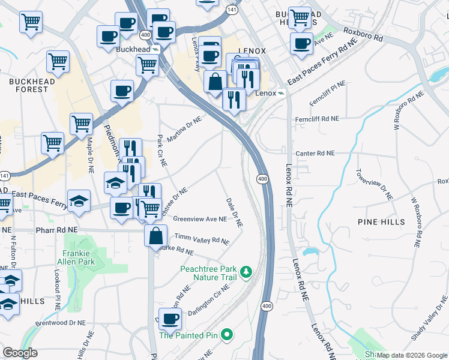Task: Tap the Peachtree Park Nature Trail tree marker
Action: (x=246, y=274)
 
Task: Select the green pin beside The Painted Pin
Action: (x=226, y=334)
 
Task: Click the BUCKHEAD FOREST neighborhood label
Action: (x=28, y=85)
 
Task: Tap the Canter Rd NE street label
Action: (x=315, y=154)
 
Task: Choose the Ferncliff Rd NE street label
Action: (x=317, y=120)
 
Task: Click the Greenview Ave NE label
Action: (x=200, y=220)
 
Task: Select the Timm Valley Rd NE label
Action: (x=202, y=239)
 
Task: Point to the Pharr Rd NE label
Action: (x=56, y=230)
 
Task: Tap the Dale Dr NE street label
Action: (x=234, y=212)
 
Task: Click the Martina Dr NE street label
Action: (x=184, y=130)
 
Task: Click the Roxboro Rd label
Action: (x=363, y=32)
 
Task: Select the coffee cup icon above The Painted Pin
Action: (x=169, y=319)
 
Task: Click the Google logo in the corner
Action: (x=20, y=353)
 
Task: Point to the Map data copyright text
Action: (x=412, y=355)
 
